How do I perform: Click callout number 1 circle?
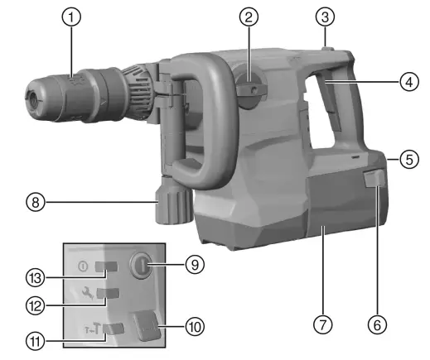(75, 17)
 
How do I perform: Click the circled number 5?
(405, 160)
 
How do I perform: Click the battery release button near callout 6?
(373, 180)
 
